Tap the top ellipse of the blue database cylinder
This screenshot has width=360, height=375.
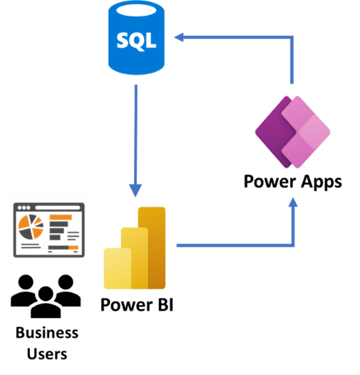137,10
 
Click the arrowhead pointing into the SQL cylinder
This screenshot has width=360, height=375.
179,37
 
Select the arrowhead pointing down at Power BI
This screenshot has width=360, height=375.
136,188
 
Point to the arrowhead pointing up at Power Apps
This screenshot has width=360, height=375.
293,202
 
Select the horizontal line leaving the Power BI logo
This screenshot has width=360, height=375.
231,245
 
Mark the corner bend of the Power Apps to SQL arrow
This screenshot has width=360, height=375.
292,38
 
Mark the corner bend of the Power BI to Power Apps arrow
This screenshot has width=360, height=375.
293,245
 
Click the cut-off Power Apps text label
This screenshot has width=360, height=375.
291,180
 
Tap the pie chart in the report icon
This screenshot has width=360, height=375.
31,227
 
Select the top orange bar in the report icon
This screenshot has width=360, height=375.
60,217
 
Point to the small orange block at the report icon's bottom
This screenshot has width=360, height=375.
74,248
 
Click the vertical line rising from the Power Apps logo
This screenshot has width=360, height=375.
292,65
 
